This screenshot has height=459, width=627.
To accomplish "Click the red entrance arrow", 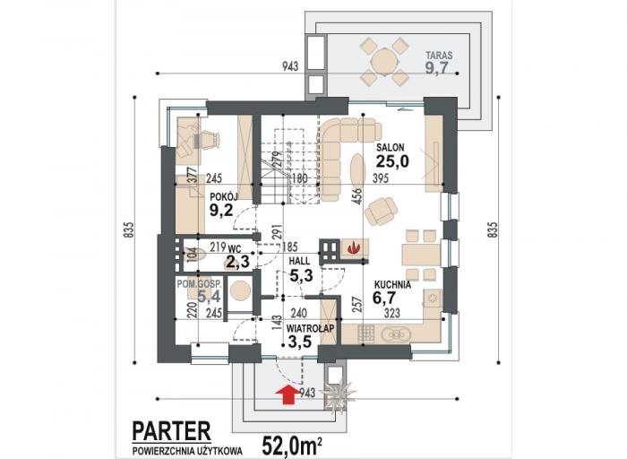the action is click(288, 394).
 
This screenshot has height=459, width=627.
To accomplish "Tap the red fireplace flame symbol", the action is click(354, 247).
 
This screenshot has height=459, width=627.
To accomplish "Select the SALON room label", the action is click(391, 147).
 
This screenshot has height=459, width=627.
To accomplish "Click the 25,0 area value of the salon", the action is click(392, 161).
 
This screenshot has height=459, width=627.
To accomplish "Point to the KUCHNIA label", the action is click(392, 285).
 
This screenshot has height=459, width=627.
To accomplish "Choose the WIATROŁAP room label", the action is click(310, 328).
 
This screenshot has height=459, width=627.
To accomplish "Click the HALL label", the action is click(299, 261).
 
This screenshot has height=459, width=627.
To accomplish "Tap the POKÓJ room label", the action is click(224, 196).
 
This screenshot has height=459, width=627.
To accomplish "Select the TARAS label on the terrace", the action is click(439, 56).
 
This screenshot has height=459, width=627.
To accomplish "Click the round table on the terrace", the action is click(384, 62).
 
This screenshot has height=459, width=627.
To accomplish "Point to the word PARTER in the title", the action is click(171, 431).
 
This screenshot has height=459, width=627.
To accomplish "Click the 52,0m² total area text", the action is click(293, 446).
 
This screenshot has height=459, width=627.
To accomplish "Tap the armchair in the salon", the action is click(381, 211).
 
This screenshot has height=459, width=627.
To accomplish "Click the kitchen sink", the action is click(395, 334).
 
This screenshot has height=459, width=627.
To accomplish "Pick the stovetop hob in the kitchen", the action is click(365, 334).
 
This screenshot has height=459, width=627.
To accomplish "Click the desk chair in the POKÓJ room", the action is click(207, 139).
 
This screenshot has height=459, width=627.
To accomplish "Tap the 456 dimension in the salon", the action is click(356, 196).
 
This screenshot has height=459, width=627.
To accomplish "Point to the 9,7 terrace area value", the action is click(436, 68).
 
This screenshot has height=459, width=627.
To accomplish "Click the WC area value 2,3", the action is click(238, 262).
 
